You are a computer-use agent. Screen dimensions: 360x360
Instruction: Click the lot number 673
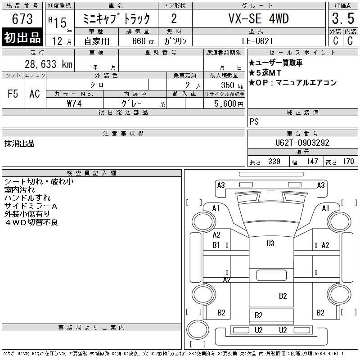coord(22,18)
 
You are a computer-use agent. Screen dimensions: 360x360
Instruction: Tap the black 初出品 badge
coord(22,37)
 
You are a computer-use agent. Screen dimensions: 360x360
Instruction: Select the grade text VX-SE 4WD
coord(258,18)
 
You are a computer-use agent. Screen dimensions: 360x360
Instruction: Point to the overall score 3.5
coord(343,18)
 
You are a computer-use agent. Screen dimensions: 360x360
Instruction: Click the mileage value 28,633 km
coord(49,64)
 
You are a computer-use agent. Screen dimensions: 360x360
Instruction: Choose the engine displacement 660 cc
coord(143,41)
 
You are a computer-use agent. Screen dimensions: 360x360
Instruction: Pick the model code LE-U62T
coord(257,41)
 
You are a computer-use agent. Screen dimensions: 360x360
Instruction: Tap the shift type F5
coord(13,94)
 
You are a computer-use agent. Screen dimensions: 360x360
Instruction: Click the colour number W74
coord(74,103)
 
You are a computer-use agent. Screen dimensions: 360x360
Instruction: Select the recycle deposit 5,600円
coord(229,104)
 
